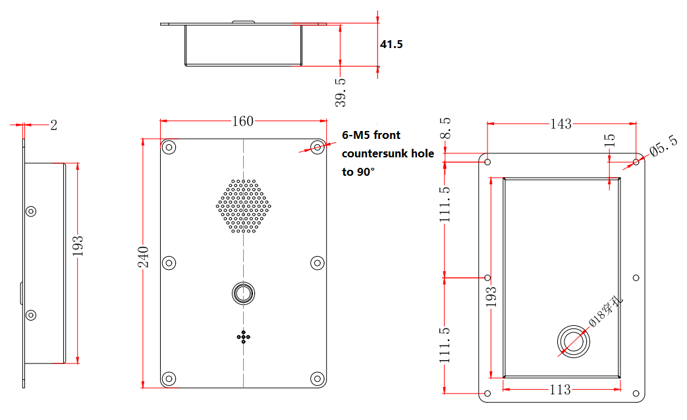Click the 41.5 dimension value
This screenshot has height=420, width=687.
[x=391, y=45]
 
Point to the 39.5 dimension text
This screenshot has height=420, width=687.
[x=340, y=90]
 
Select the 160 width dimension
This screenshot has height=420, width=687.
[x=242, y=121]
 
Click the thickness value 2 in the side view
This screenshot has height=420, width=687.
[x=54, y=125]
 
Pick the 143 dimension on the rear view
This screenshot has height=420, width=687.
[x=561, y=124]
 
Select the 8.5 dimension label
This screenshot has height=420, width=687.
[x=446, y=130]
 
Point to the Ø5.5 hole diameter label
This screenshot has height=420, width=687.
[x=663, y=146]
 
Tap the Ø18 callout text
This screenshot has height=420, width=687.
[x=605, y=313]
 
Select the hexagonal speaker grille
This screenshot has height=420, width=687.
[x=244, y=206]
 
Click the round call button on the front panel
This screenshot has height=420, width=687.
[x=243, y=292]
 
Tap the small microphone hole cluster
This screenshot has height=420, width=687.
[x=244, y=336]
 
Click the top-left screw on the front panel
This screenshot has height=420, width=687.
[x=169, y=147]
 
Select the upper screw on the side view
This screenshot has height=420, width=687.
[x=31, y=211]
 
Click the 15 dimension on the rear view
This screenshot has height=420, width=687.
[x=610, y=140]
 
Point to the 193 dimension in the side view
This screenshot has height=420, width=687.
[x=78, y=248]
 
